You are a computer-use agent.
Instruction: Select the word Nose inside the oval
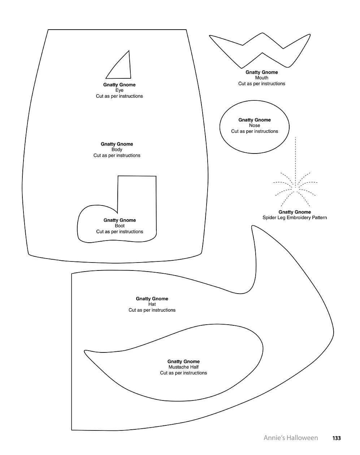255,125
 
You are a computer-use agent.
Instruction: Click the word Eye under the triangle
120,90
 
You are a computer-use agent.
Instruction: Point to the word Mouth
262,78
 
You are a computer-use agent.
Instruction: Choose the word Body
117,149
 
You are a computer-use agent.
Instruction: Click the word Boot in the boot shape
120,226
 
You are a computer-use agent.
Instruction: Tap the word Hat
152,304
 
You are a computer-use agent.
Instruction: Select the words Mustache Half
183,367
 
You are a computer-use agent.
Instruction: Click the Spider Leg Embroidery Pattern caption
295,217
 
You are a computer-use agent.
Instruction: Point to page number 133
337,438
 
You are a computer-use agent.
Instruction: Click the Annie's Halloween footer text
291,438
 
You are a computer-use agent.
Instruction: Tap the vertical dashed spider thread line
295,162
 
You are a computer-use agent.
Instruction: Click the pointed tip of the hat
252,226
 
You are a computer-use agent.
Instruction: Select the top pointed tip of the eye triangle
129,51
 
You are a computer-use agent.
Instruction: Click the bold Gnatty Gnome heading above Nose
255,120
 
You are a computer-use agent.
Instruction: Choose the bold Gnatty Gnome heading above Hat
152,299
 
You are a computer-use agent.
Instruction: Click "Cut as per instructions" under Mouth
262,83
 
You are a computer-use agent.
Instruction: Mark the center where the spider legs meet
295,189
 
